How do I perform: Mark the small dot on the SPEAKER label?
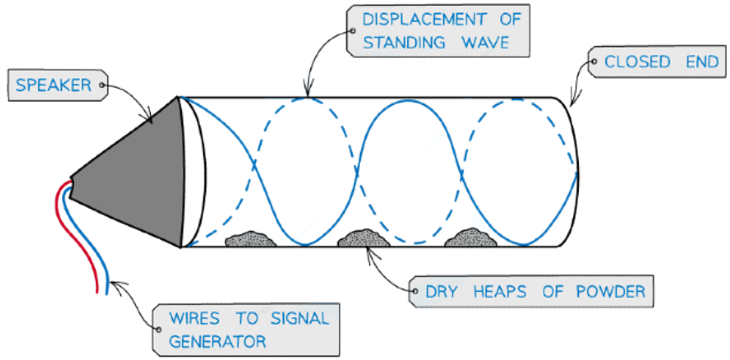103,85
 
